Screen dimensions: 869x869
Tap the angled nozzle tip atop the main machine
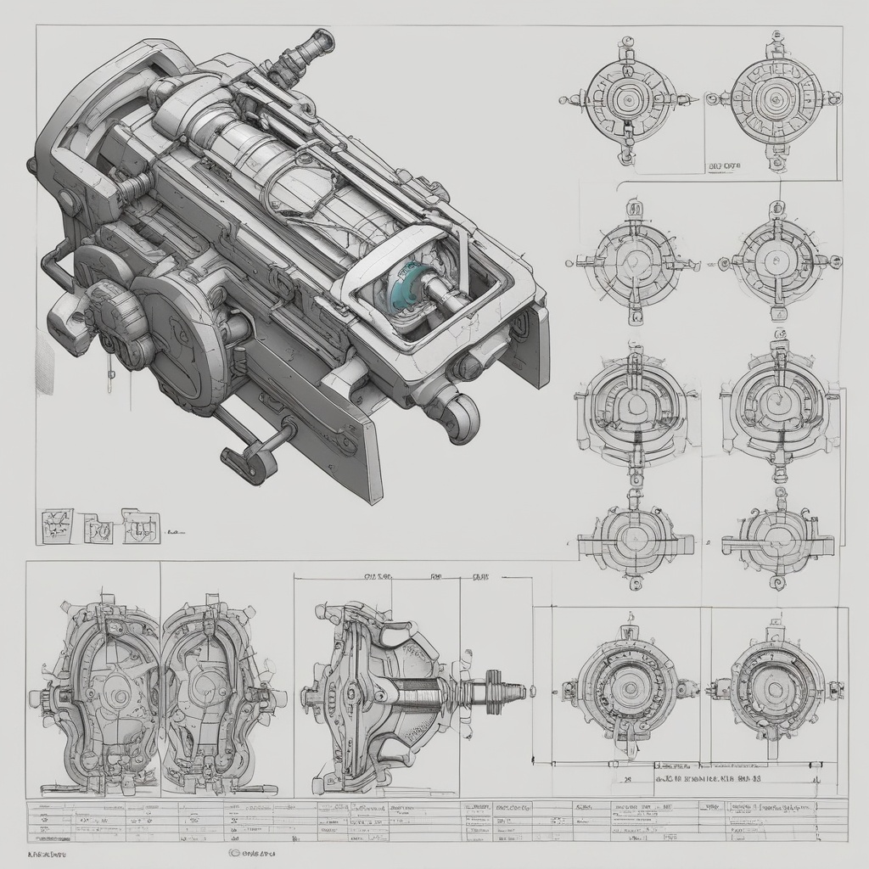[x=320, y=40]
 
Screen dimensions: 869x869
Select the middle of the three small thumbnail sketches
[x=98, y=531]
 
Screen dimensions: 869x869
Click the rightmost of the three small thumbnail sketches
[x=141, y=527]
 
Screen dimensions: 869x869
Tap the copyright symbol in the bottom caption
[x=233, y=851]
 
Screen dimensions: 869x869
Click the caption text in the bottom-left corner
[x=48, y=851]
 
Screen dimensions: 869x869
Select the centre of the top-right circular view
[x=774, y=100]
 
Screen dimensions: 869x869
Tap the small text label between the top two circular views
[x=725, y=167]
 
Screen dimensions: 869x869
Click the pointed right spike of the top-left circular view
[x=693, y=99]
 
